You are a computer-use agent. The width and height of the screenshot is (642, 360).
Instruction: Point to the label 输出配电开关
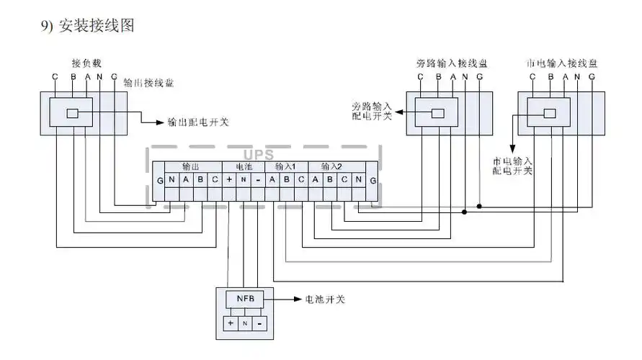(197, 122)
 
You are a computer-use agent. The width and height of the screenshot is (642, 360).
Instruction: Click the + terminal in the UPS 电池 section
(228, 179)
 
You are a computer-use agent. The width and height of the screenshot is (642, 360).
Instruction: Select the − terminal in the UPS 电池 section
(257, 179)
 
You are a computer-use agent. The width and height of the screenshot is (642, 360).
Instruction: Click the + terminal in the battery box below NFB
(231, 324)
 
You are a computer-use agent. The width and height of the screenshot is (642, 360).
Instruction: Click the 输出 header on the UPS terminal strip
(191, 166)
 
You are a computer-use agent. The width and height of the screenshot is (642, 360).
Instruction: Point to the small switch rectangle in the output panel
(73, 113)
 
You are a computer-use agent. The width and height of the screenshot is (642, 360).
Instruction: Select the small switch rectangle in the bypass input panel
(437, 113)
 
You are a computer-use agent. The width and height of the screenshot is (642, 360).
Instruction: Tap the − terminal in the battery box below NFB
(259, 324)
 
